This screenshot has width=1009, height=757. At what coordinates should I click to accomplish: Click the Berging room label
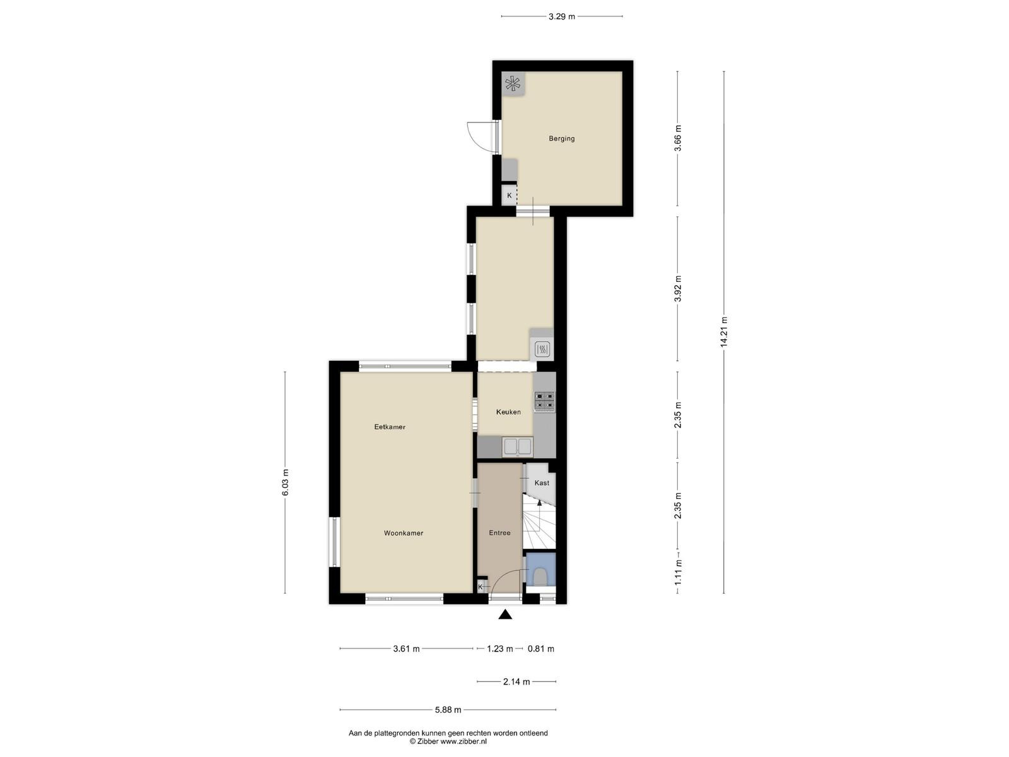click(561, 138)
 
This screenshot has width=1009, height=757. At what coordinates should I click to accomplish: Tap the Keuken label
click(508, 412)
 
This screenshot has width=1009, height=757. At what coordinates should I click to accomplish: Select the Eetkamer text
click(390, 427)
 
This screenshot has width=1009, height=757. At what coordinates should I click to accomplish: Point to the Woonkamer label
click(404, 533)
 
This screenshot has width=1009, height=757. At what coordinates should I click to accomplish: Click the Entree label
click(499, 532)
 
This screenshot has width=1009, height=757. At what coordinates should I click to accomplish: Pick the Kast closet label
click(542, 483)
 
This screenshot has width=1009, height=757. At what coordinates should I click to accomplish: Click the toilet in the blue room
click(541, 577)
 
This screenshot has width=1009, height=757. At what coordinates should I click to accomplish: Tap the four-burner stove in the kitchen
click(545, 401)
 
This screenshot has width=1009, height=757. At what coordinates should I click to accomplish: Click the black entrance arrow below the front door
click(505, 614)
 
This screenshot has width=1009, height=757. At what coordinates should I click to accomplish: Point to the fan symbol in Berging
click(513, 84)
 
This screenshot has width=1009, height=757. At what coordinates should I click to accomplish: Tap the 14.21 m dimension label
click(724, 331)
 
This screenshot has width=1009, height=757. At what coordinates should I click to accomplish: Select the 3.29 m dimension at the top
click(562, 16)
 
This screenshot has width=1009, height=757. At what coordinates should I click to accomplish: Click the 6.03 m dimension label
click(285, 482)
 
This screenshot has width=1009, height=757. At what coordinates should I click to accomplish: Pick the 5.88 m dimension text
click(448, 710)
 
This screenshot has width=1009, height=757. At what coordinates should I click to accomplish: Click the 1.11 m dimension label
click(678, 572)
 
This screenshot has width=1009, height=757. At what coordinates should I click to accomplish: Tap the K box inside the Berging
click(510, 196)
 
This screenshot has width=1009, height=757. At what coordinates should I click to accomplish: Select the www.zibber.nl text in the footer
click(464, 741)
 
